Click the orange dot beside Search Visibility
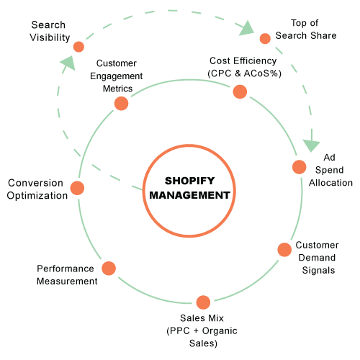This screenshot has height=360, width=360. point(78,47)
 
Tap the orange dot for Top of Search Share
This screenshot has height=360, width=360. point(265,38)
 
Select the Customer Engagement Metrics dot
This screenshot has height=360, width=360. point(121,104)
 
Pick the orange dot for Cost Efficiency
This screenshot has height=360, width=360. point(240,91)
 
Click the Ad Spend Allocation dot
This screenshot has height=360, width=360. point(300,167)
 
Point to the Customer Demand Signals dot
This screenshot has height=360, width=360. point(284,250)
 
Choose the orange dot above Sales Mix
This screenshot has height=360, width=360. point(203,302)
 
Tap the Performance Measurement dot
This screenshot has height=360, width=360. point(109,269)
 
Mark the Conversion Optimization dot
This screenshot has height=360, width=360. point(77,188)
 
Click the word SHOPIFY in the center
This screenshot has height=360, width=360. point(189,181)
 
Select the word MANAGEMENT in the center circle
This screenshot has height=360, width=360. point(189,195)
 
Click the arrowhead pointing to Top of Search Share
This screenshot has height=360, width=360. point(247,28)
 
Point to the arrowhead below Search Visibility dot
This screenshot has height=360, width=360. point(68,63)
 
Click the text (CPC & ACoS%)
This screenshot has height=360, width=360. point(244,73)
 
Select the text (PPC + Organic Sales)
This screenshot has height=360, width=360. point(202,337)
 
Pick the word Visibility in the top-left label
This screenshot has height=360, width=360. point(50,37)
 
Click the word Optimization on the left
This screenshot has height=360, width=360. point(37,196)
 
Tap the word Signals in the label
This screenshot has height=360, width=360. point(318,271)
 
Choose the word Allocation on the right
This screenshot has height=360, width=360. point(330,183)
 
